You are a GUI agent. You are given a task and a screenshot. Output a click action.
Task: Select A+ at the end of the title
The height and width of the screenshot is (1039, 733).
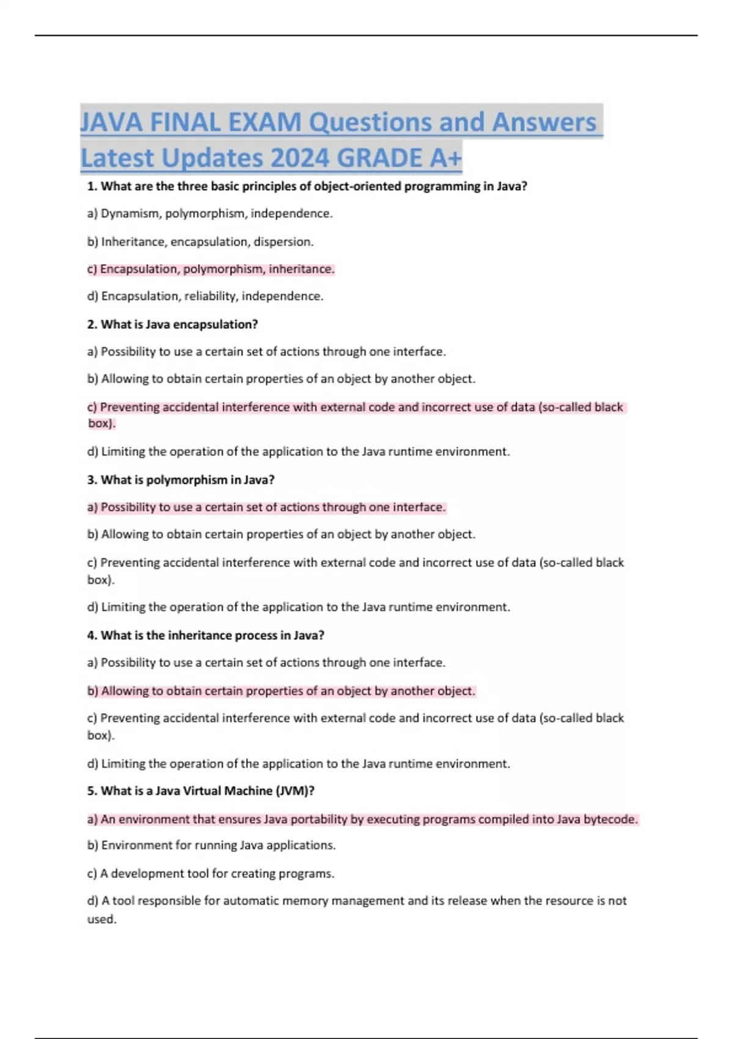point(445,158)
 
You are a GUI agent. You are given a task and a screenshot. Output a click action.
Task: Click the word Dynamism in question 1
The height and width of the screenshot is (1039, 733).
point(131,213)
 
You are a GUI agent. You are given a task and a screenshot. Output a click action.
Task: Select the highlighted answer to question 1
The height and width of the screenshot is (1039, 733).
point(211,269)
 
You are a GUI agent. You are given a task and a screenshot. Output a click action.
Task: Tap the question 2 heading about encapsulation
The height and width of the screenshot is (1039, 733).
point(172,324)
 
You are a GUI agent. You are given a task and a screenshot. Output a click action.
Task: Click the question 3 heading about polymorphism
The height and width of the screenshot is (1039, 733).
point(181,480)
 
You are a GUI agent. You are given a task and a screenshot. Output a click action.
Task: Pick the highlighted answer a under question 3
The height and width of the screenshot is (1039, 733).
point(266,507)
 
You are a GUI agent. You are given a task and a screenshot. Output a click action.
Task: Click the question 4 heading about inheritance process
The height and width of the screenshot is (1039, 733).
point(205,635)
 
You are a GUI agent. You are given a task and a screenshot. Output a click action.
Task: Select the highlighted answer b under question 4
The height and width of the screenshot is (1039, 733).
point(281,691)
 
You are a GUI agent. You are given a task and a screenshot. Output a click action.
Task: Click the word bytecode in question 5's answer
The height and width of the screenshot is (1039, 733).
point(610,819)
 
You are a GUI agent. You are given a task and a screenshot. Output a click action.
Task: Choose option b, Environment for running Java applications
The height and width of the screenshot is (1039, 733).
point(211,845)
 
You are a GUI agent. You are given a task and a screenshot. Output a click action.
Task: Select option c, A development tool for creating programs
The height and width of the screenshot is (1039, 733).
point(211,873)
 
